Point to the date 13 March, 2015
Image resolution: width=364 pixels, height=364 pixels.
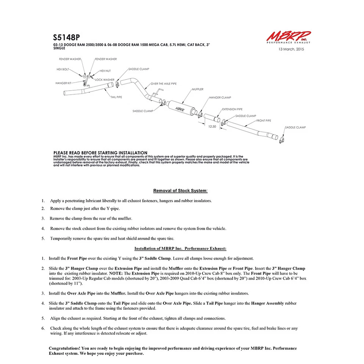click(x=291, y=49)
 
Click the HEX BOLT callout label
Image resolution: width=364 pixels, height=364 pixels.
click(x=63, y=69)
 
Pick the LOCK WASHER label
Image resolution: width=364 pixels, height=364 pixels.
click(x=105, y=80)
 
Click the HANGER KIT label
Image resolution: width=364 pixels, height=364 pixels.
click(x=63, y=83)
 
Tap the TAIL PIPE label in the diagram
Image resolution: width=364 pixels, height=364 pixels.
click(x=116, y=97)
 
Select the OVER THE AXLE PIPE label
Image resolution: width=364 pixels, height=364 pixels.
click(x=163, y=83)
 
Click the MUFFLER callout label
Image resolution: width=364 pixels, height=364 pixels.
click(x=198, y=89)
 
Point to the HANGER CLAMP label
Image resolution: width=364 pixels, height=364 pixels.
click(x=220, y=98)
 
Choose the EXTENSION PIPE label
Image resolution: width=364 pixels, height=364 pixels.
click(x=232, y=109)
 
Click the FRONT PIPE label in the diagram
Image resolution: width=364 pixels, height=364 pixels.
click(x=264, y=121)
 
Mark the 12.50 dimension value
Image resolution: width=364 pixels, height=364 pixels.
click(x=212, y=127)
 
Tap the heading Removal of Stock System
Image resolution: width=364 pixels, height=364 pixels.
click(x=180, y=190)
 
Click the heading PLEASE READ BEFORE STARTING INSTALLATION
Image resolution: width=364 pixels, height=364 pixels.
click(x=100, y=152)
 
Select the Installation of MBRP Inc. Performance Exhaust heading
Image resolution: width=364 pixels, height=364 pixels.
click(x=180, y=249)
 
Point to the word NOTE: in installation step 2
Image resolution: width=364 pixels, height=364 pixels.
click(x=116, y=273)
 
